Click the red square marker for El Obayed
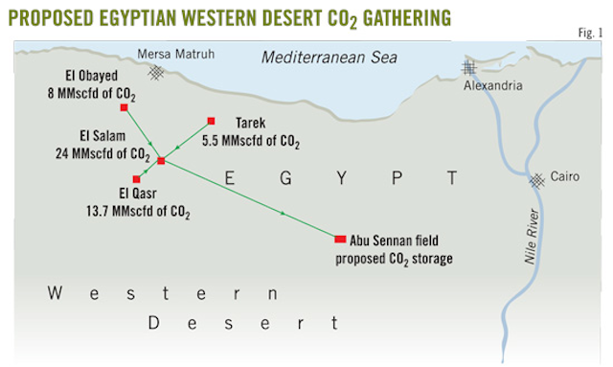(124, 107)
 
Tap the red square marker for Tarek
(211, 122)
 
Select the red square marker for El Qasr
(137, 179)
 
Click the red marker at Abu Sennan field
(340, 239)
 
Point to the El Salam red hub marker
(161, 160)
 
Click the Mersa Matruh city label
(174, 54)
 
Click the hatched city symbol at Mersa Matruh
(154, 72)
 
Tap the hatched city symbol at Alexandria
(468, 68)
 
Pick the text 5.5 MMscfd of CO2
(251, 141)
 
